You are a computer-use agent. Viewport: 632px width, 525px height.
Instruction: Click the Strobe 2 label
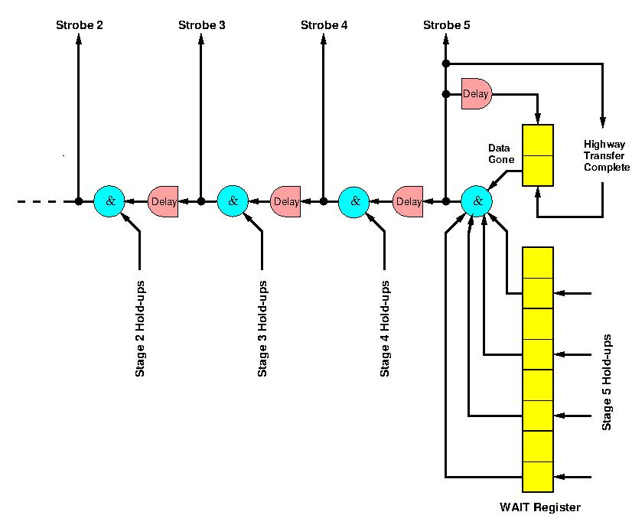click(80, 25)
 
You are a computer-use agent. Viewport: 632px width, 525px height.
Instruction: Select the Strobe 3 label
click(201, 25)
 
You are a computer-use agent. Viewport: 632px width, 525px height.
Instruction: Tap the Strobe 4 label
click(324, 25)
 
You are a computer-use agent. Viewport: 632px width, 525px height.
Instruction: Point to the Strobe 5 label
click(446, 25)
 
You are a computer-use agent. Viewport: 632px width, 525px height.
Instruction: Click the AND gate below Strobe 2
click(109, 201)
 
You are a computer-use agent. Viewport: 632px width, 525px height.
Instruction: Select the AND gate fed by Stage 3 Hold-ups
click(233, 201)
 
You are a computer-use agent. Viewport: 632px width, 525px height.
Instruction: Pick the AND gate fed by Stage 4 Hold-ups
click(354, 201)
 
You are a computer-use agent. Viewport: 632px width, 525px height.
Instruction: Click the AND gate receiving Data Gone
click(477, 201)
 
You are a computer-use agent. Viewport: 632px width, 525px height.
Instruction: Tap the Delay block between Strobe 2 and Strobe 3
click(163, 202)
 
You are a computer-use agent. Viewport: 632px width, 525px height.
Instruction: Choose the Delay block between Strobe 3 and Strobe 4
click(286, 202)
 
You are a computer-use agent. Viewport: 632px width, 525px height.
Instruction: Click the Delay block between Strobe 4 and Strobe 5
click(409, 202)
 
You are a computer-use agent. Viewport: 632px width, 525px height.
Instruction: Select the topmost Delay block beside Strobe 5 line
click(476, 94)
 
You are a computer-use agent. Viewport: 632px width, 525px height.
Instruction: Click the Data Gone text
click(501, 153)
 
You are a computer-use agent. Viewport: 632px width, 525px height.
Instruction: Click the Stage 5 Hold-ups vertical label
click(607, 382)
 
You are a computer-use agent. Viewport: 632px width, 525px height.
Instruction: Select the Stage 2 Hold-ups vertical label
click(140, 328)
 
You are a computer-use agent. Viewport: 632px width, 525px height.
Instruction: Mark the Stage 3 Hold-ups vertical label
click(262, 328)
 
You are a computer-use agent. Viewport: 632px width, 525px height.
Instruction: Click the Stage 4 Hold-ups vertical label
click(385, 328)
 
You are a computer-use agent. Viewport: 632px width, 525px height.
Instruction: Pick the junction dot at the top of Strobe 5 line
click(446, 63)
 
